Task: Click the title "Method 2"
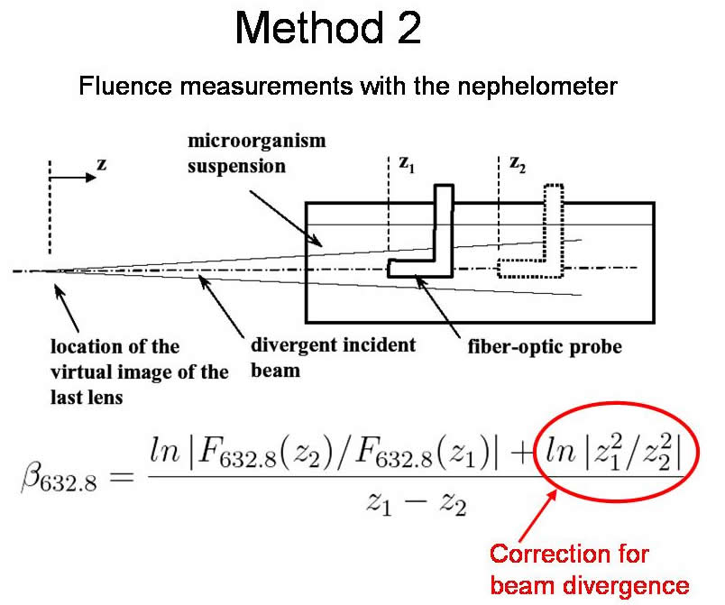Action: tap(327, 31)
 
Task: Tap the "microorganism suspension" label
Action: tap(256, 154)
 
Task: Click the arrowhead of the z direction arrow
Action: tap(92, 178)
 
